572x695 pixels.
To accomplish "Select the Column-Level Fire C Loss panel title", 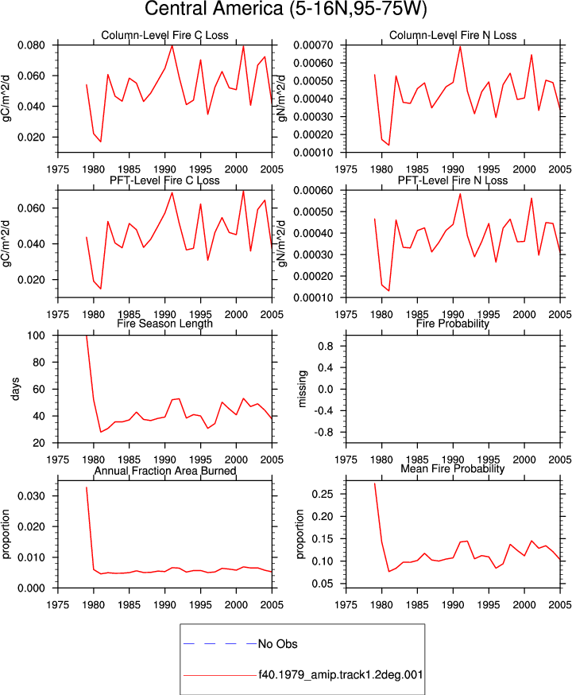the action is coord(164,35).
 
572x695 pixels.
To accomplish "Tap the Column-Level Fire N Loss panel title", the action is coord(453,35).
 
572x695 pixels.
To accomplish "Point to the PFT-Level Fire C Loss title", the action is coord(164,181).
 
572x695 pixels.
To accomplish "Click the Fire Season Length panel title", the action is coord(164,324).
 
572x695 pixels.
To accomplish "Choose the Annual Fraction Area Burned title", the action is coord(164,471).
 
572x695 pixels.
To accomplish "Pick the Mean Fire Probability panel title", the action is coord(453,468).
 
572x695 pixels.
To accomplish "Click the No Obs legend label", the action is coord(277,643).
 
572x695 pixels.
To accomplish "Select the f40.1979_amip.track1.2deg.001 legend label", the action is coord(341,675).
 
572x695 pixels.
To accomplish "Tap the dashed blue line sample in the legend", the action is coord(220,643).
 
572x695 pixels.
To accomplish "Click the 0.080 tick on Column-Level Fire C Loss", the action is coord(31,45).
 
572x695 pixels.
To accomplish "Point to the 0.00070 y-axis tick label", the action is coord(313,45).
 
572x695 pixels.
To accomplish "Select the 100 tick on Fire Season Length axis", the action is coord(36,336).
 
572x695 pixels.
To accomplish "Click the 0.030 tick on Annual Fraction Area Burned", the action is coord(31,496).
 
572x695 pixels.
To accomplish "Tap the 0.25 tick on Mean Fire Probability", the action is coord(323,494).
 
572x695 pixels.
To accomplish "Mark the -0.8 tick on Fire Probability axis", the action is coord(324,432).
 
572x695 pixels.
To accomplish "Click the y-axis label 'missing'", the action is coord(303,389).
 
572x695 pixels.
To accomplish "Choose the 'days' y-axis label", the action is coord(15,389).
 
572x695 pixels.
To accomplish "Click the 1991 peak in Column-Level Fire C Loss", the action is coord(172,45).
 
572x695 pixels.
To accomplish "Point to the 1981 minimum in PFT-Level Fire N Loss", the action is coord(389,291).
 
